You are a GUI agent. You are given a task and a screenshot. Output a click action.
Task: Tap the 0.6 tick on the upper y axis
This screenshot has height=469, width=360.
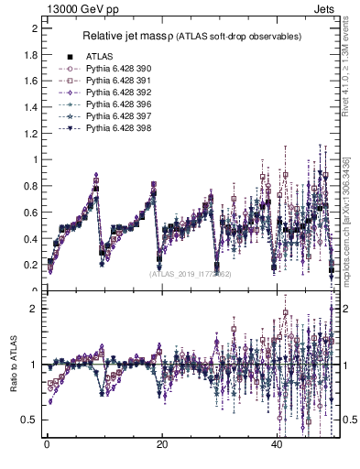(33, 213)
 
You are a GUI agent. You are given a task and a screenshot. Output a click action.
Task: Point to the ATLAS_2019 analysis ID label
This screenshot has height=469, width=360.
(191, 273)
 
